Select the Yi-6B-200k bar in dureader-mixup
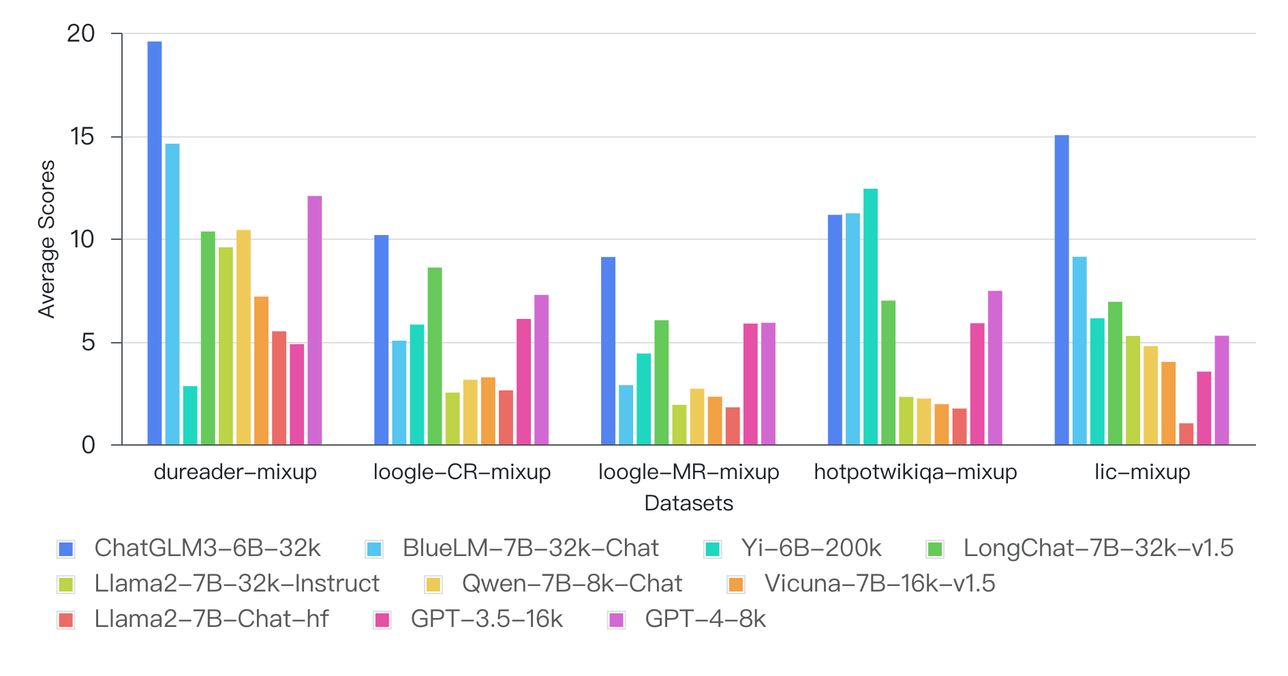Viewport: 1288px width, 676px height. pos(190,416)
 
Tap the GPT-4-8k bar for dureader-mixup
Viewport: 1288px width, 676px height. pos(315,320)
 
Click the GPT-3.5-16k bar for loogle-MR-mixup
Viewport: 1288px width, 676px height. pos(750,384)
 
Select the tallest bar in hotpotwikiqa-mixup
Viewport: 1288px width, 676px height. pos(870,317)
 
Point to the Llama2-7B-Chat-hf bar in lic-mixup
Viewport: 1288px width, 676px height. pos(1186,434)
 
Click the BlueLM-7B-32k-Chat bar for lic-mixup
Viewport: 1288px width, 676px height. pos(1079,351)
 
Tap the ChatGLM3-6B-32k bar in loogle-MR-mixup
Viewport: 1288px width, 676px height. pos(608,351)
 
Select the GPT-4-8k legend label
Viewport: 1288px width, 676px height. pos(705,619)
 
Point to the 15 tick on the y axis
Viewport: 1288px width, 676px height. pos(82,137)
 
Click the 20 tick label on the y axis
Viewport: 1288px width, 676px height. pos(81,33)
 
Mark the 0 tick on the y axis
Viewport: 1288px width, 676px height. pos(89,446)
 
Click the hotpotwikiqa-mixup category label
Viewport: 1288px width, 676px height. pos(915,472)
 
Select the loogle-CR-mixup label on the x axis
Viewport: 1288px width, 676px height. pos(462,472)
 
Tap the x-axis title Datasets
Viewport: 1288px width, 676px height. pos(688,504)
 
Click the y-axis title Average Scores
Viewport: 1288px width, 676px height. pos(46,239)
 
